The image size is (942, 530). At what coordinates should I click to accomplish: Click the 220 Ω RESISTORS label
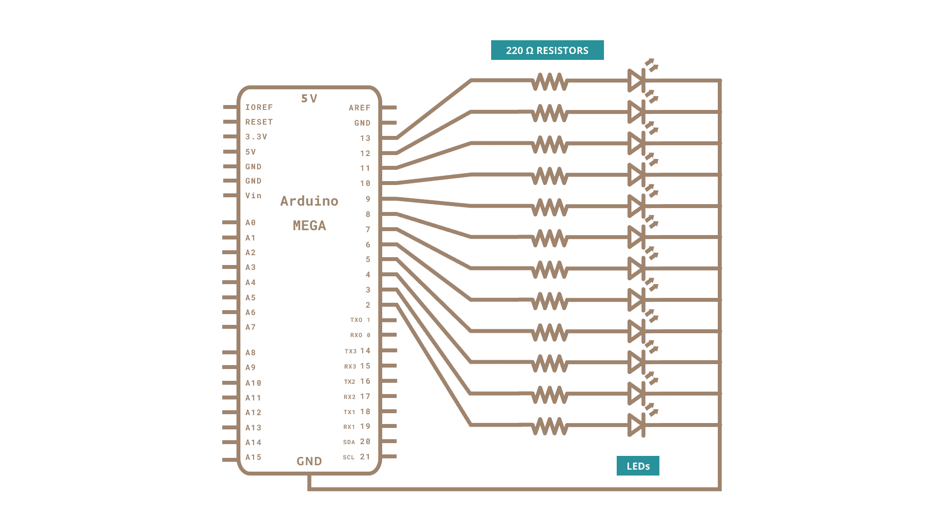(x=547, y=50)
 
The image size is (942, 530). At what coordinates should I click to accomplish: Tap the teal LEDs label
(x=638, y=466)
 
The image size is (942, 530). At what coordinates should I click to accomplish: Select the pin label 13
(x=365, y=138)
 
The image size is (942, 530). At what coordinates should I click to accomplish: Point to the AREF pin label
(x=360, y=108)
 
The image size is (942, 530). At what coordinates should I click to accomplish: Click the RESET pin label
(x=259, y=122)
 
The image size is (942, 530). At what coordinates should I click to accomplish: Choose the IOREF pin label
(x=259, y=107)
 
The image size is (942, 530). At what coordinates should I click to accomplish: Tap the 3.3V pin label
(x=256, y=137)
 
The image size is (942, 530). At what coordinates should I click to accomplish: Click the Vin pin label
(x=253, y=196)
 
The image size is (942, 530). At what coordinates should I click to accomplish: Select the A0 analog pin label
(x=250, y=223)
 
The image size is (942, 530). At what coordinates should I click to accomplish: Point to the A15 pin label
(x=253, y=457)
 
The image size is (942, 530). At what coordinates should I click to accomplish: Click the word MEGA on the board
(x=309, y=226)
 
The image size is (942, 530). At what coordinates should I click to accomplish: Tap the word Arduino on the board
(x=309, y=201)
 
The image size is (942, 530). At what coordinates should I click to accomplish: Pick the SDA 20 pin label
(x=357, y=442)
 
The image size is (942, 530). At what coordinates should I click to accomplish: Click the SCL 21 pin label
(x=357, y=457)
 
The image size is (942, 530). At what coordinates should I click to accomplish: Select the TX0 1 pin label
(x=360, y=320)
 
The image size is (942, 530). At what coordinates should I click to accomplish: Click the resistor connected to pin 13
(x=550, y=81)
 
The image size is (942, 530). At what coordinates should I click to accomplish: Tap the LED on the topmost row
(x=636, y=80)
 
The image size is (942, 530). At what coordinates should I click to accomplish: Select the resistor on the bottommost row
(x=550, y=425)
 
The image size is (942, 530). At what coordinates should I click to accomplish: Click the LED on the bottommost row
(x=636, y=425)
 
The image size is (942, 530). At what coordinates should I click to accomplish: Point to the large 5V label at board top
(x=309, y=99)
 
